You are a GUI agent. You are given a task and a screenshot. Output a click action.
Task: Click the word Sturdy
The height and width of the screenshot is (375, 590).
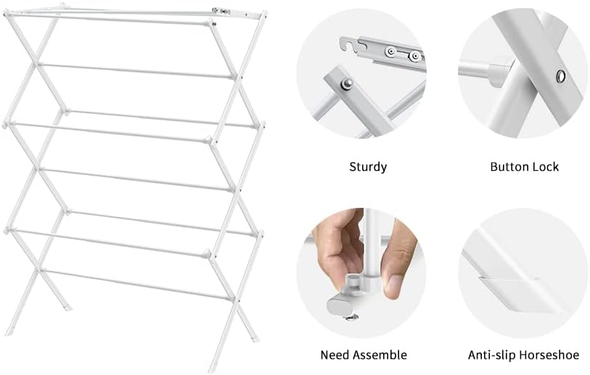coord(368,166)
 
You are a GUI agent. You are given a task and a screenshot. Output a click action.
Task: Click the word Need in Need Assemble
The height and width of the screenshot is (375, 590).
coord(335,355)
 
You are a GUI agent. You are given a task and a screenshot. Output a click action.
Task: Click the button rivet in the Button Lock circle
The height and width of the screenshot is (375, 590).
coord(560,76)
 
